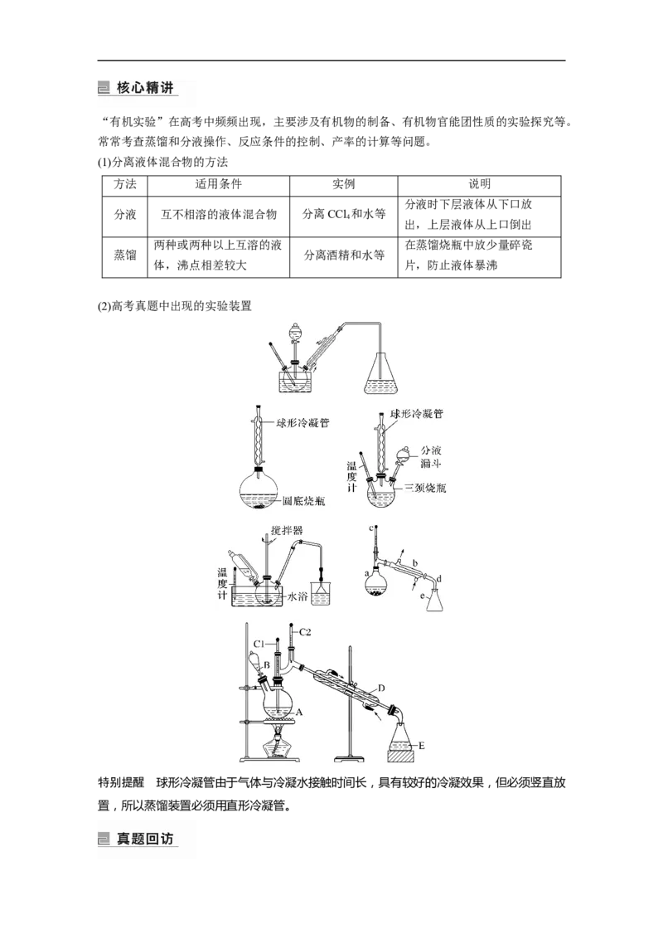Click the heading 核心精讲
[x=145, y=87]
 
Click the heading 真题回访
[x=145, y=839]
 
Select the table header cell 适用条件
[x=219, y=184]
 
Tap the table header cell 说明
[x=479, y=184]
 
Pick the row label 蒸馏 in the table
[x=125, y=255]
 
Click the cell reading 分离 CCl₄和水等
[x=343, y=214]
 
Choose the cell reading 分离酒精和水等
[x=343, y=255]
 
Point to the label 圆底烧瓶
[x=303, y=501]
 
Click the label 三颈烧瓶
[x=425, y=488]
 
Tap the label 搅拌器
[x=287, y=531]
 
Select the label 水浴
[x=298, y=596]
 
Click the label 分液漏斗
[x=431, y=457]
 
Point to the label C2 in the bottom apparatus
[x=305, y=632]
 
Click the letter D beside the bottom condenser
[x=381, y=688]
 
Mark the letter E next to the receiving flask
[x=421, y=746]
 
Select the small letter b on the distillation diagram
[x=415, y=563]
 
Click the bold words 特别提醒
[x=121, y=783]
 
